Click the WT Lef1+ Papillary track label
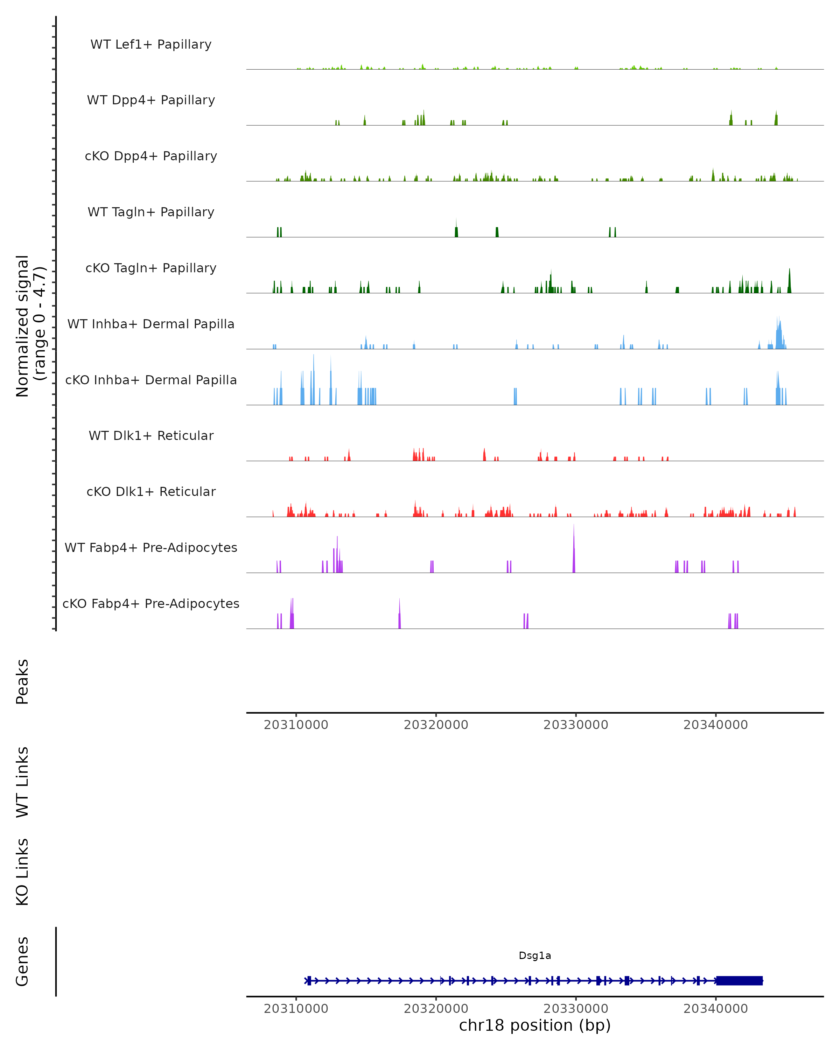point(151,44)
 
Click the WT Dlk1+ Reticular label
point(151,435)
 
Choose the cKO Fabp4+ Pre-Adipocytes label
point(151,603)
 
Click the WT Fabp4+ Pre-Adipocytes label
point(151,547)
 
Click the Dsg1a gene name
point(535,955)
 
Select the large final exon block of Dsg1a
point(739,980)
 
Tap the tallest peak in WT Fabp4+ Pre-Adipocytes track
point(574,541)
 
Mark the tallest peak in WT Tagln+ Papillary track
point(456,226)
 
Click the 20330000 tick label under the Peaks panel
point(576,725)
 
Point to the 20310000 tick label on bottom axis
point(296,1009)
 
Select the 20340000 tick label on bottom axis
point(715,1009)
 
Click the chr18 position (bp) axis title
point(535,1025)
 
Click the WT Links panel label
point(22,782)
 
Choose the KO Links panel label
point(22,872)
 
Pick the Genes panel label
point(22,962)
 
